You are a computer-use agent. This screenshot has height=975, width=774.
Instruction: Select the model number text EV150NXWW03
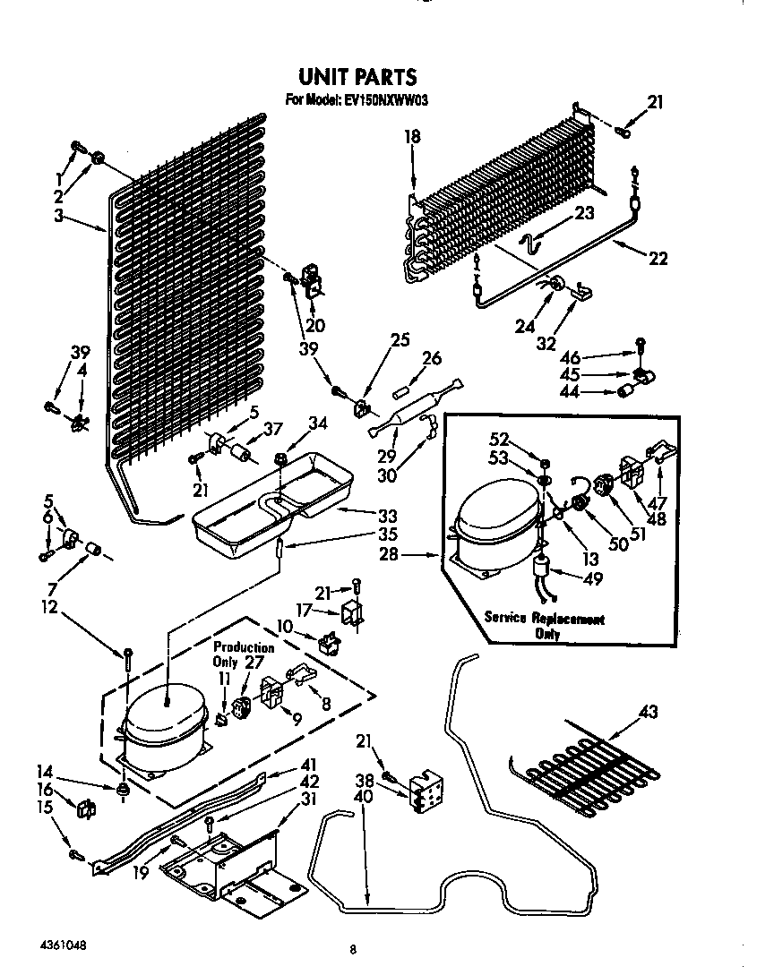pos(356,101)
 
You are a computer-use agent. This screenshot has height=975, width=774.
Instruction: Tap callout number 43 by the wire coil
pos(649,713)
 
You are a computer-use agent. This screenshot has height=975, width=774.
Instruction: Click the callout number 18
pos(412,136)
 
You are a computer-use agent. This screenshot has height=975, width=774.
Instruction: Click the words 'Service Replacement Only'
pos(545,626)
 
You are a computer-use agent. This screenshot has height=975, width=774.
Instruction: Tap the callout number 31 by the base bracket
pos(308,800)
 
